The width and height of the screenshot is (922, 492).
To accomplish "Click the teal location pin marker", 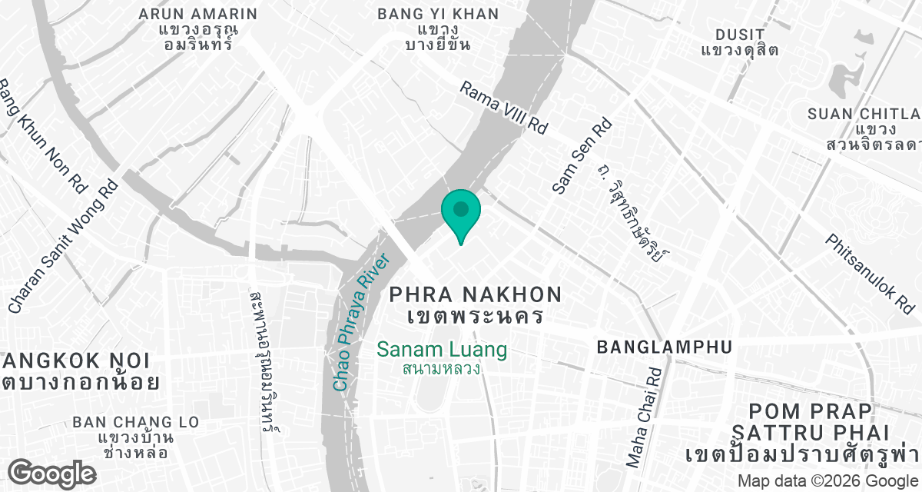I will pos(461,212).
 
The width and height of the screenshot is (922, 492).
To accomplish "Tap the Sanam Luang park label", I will pos(442,351).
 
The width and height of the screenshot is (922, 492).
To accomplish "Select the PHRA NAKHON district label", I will pos(476,294).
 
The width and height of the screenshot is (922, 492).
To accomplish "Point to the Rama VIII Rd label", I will pos(503,108).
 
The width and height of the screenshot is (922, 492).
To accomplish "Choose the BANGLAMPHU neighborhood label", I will pos(664,347).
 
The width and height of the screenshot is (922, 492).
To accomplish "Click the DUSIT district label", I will pos(740,35).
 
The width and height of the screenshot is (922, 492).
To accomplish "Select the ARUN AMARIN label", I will pos(198,15).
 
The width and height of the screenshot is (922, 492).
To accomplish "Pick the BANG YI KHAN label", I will pos(438,15).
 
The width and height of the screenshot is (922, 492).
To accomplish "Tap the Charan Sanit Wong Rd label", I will pos(63,246).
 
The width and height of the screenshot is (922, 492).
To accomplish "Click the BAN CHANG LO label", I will pos(135,423).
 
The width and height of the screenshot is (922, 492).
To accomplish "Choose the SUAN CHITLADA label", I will pos(864,115).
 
